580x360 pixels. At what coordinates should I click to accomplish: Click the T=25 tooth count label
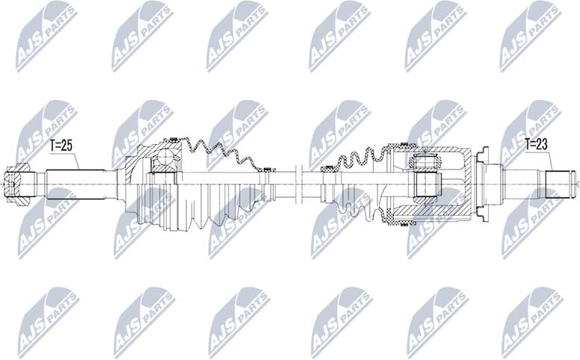[61, 146]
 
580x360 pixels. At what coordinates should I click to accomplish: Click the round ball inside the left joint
[164, 160]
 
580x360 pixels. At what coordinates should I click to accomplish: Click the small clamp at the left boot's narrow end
[266, 171]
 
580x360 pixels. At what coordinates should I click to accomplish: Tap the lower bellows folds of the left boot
[217, 209]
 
